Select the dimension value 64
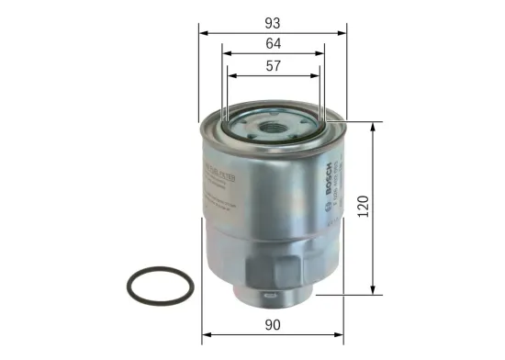[x=274, y=43]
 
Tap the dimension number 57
[x=274, y=66]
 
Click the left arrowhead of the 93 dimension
[x=203, y=30]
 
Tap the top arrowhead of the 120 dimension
[x=372, y=124]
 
